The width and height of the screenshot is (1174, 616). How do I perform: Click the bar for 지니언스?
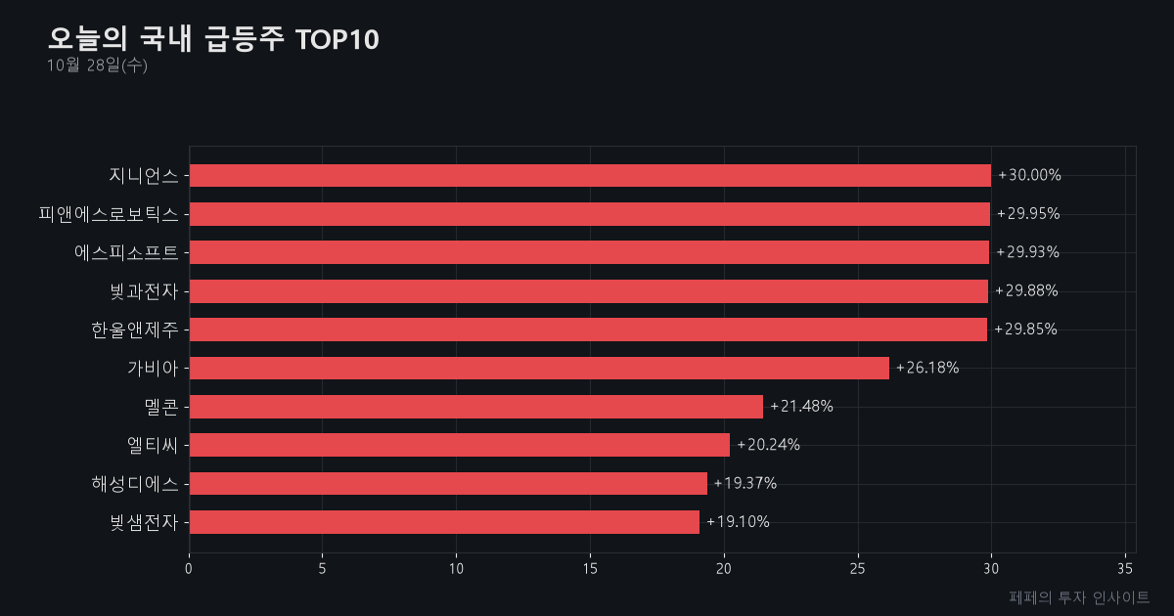590,175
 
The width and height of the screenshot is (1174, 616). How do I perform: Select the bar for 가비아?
539,369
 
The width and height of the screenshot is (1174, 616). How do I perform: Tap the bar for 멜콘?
476,407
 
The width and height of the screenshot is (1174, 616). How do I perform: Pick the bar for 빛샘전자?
444,522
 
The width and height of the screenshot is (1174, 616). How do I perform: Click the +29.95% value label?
1028,214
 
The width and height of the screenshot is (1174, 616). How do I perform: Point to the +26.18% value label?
927,368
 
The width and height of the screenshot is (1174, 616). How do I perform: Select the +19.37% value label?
745,483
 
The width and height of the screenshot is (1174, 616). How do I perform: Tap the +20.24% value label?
768,445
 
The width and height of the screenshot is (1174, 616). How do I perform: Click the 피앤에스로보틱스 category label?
109,214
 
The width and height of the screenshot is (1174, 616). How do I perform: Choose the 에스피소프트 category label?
126,253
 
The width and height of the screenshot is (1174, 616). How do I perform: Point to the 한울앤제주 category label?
135,330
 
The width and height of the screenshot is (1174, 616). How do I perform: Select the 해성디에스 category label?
135,483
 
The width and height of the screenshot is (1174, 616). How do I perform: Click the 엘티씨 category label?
153,445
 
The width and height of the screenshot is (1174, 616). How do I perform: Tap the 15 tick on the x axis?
590,569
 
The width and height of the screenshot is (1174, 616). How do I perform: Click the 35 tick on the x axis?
1125,569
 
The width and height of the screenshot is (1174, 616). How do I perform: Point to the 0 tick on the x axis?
189,569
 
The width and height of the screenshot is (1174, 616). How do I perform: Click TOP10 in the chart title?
337,40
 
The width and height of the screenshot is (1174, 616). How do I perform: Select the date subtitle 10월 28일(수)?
97,66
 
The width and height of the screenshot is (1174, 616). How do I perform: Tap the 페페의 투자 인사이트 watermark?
1079,597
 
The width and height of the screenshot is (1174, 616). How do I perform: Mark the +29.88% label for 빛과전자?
1026,290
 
